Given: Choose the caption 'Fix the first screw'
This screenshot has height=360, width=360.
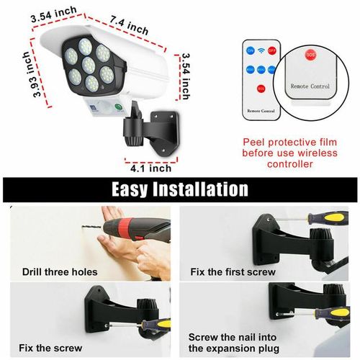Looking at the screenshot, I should click(x=235, y=272).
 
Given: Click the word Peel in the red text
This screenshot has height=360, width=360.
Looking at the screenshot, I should click(x=255, y=143).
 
